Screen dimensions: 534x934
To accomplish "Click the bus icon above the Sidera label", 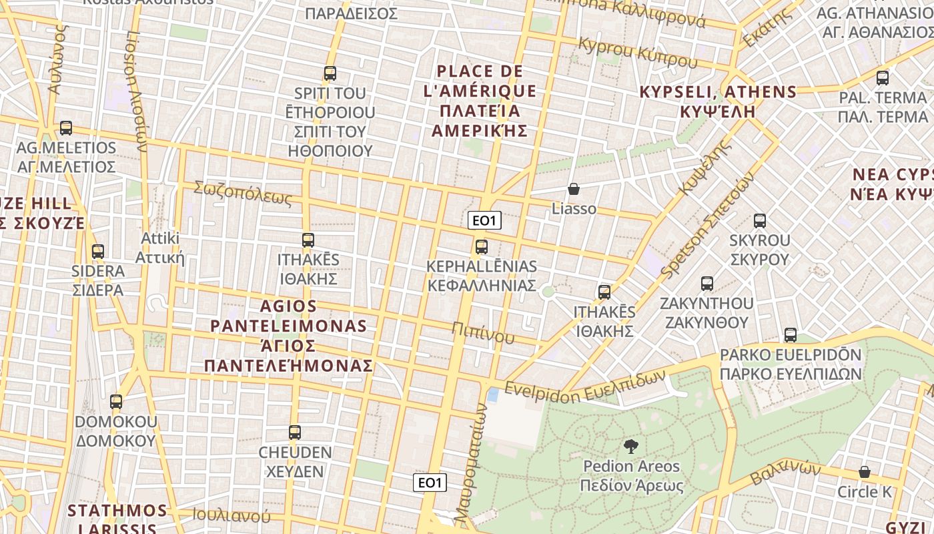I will coord(98,252).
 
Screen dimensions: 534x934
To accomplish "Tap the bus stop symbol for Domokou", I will coord(116,402).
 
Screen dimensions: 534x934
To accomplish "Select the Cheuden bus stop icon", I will coord(295,433).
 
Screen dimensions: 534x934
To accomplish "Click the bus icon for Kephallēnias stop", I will coord(482,247).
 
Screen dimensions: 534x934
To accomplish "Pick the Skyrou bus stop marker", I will coord(759,221).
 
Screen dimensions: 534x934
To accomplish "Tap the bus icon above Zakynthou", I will coord(707,284).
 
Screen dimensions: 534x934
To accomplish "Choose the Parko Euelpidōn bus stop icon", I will coord(791,335).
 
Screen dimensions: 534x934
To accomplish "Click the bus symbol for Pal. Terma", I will coord(883,78).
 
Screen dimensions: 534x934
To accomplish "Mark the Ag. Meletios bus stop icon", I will coord(65,128).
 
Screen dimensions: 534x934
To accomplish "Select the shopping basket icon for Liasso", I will coord(574,190).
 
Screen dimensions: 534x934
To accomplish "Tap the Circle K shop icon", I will coord(865,473).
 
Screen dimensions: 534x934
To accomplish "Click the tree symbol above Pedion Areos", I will coord(630,447).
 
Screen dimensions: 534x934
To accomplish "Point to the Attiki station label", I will coord(160,248).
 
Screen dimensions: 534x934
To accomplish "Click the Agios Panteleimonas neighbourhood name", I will coord(288,336).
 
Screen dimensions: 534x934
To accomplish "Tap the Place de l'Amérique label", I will coord(480,100).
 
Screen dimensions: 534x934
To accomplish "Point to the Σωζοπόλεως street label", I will coord(243,193).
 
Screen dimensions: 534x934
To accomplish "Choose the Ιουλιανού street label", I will coord(231,515).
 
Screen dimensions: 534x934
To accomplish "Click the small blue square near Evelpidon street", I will coord(493,395).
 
